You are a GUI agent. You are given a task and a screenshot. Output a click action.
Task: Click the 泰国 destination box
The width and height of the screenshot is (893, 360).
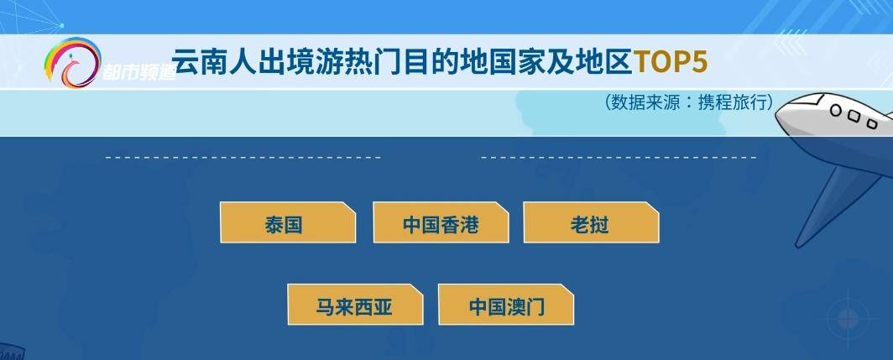point(288,222)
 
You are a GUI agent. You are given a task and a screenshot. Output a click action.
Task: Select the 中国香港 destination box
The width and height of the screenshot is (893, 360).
point(441,222)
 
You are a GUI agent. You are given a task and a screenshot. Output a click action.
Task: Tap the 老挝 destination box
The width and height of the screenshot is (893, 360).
point(591,222)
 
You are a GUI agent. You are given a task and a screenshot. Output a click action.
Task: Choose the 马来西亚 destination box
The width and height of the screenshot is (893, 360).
point(355,305)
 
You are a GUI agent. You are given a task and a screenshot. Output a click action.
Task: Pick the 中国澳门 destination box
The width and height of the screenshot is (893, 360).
point(506,305)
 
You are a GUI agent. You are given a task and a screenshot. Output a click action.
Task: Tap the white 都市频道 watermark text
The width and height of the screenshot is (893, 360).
point(138,72)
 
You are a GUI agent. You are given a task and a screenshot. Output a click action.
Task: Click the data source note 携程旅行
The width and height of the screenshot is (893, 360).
point(735,102)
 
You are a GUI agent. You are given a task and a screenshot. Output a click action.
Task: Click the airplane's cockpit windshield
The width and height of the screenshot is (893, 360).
point(802,103)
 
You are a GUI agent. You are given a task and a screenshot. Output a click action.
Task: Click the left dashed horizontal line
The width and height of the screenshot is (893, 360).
point(243,157)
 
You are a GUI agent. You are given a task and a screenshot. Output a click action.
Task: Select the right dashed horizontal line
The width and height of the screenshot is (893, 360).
point(619,157)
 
